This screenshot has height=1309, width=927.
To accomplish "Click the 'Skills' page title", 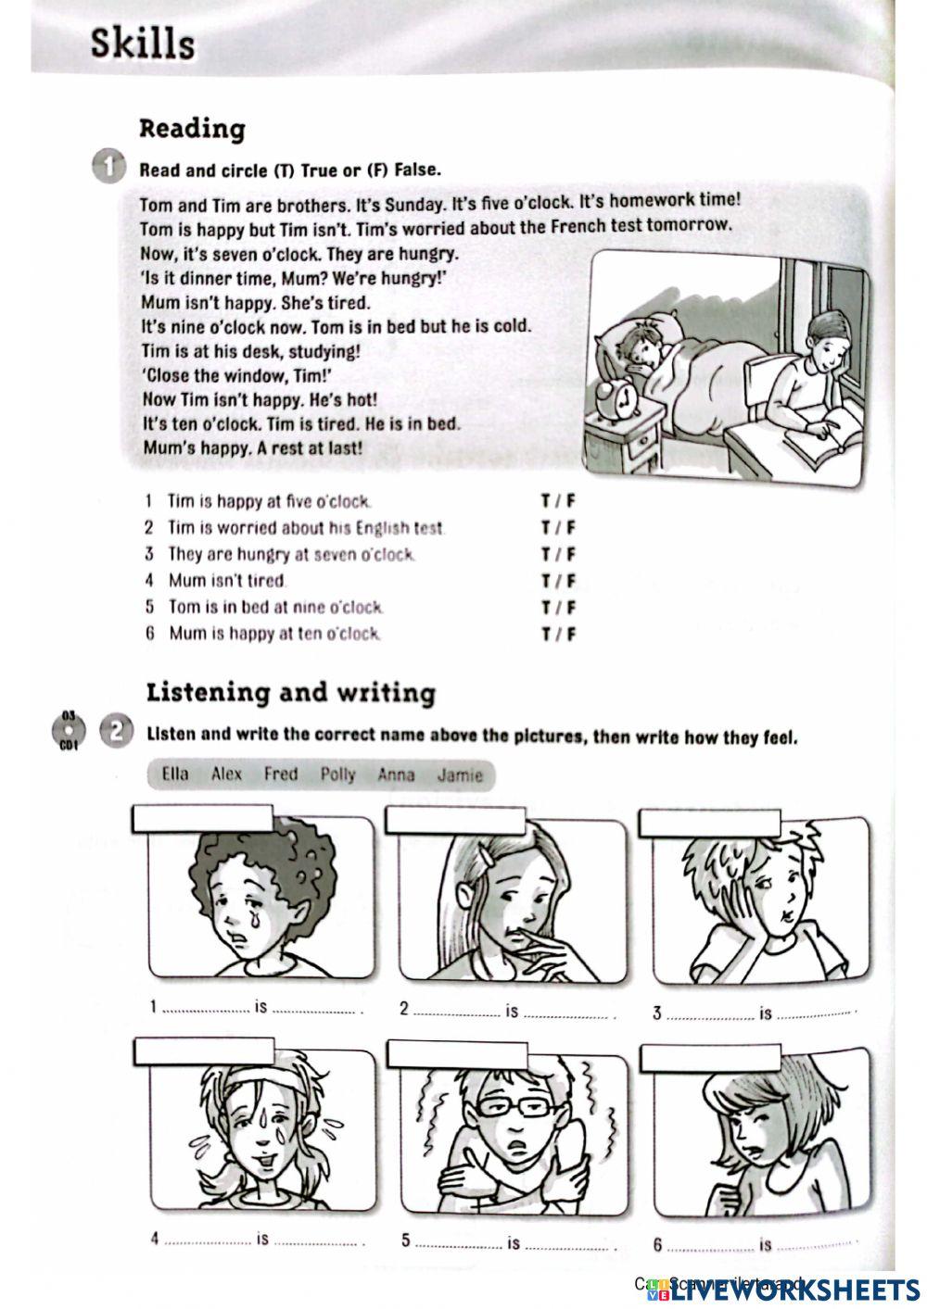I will pyautogui.click(x=143, y=44).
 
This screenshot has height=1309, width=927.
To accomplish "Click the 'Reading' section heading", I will pyautogui.click(x=192, y=128).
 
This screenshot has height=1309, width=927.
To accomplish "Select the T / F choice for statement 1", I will pyautogui.click(x=558, y=501).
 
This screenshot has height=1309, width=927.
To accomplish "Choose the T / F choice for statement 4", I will pyautogui.click(x=558, y=581).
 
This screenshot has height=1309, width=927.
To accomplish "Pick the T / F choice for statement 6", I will pyautogui.click(x=558, y=635).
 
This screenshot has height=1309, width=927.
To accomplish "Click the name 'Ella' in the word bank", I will pyautogui.click(x=174, y=774).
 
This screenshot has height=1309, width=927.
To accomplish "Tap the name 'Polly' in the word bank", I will pyautogui.click(x=337, y=774).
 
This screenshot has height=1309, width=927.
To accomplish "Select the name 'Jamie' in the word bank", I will pyautogui.click(x=460, y=775).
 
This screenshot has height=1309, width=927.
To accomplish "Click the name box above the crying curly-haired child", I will pyautogui.click(x=203, y=819).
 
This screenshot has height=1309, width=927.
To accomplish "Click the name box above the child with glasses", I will pyautogui.click(x=457, y=1054).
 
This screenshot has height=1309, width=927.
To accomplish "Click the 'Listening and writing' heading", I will pyautogui.click(x=290, y=693).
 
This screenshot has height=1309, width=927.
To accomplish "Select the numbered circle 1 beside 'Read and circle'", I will pyautogui.click(x=108, y=168).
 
